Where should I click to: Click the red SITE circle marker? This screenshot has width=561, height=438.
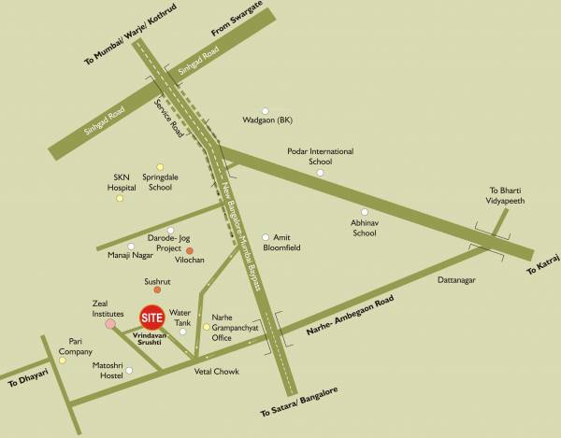pos(152,318)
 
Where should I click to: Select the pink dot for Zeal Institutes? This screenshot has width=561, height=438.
pos(110,324)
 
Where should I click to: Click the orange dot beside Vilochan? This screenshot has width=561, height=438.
pos(189,250)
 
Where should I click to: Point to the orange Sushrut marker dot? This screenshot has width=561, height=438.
pos(157,290)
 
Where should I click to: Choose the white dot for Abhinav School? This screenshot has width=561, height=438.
pos(365,211)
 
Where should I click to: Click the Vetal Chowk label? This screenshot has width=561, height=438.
pos(216,372)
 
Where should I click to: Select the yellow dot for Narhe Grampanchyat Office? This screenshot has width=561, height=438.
pos(207,327)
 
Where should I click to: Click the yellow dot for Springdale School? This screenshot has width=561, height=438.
pos(160,167)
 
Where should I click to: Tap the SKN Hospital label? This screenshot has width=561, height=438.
pos(122,181)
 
